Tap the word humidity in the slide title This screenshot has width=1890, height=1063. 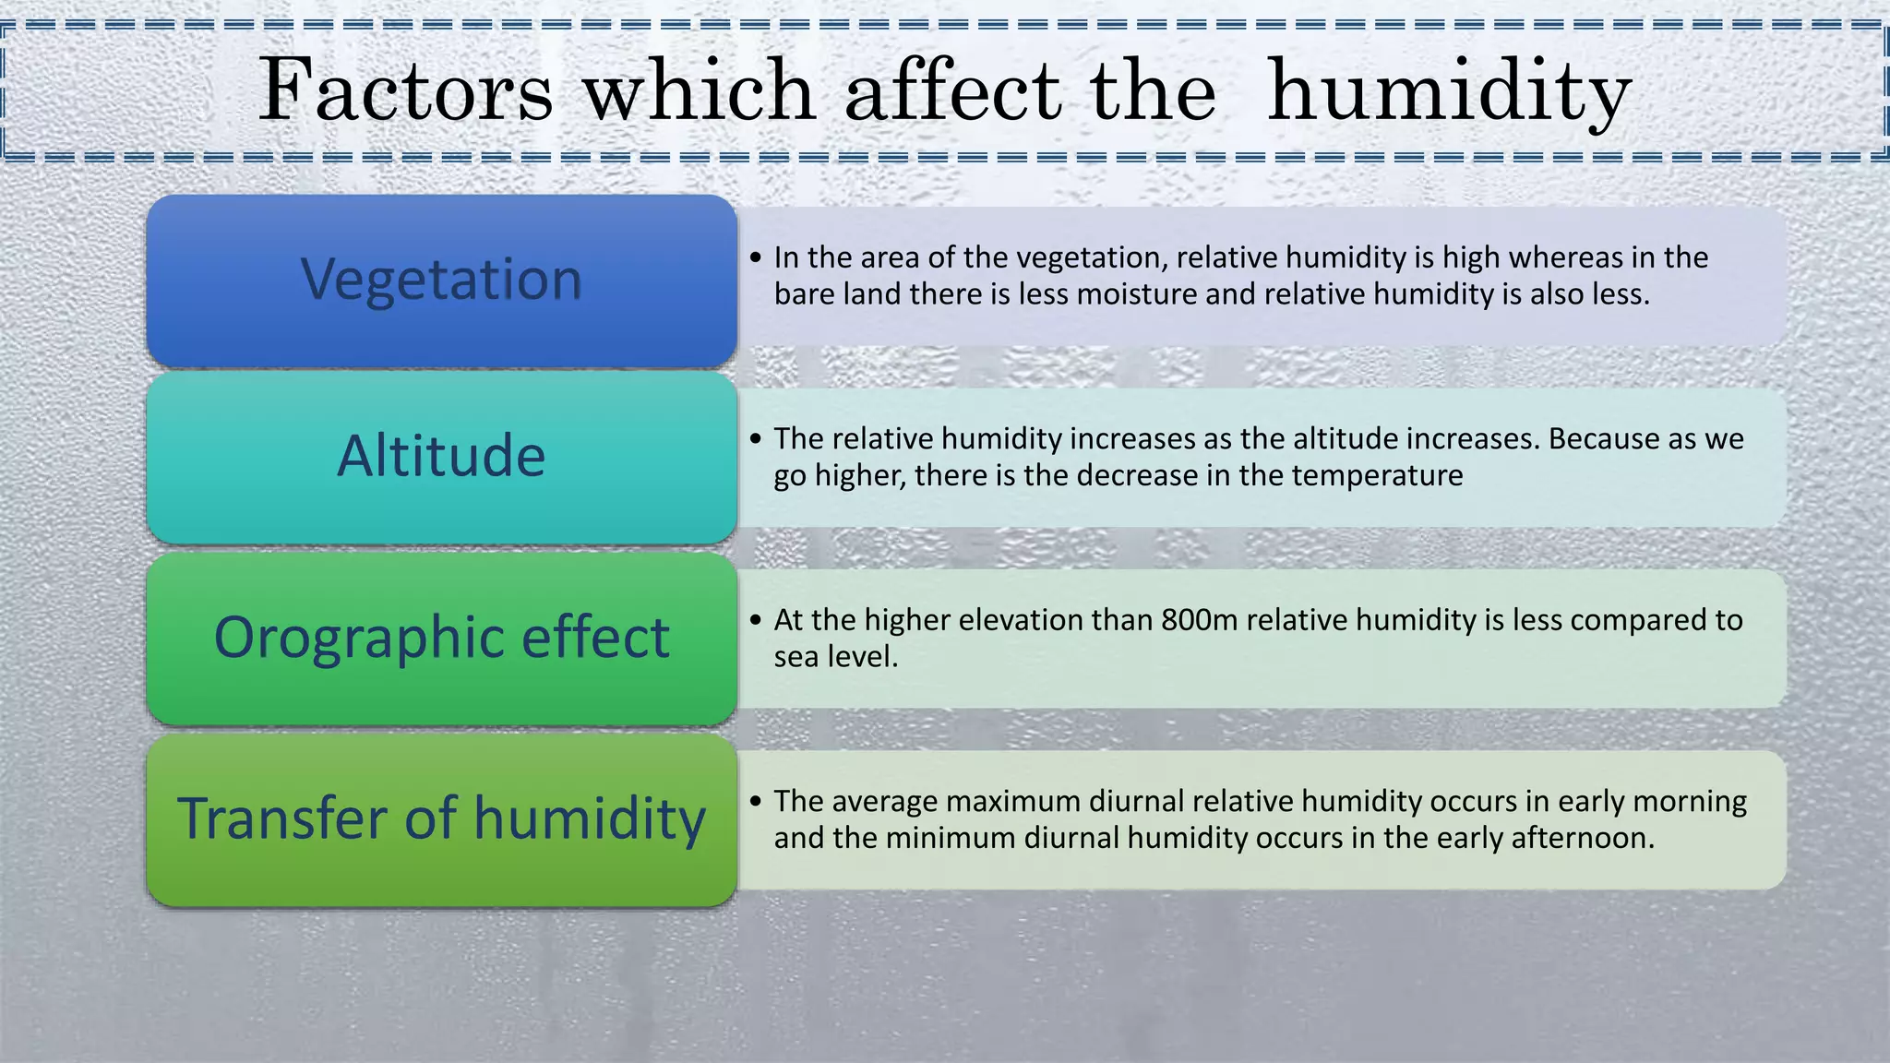click(1449, 92)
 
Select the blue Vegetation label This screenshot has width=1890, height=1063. click(441, 279)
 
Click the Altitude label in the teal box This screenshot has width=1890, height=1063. click(441, 456)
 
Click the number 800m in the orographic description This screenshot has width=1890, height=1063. click(1199, 620)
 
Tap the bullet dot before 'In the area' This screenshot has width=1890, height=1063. click(756, 257)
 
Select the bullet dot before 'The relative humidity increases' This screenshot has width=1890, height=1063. click(756, 438)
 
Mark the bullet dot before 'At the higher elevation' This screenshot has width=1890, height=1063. click(756, 620)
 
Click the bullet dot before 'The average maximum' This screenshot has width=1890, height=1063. click(756, 801)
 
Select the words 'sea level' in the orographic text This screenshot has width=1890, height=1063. click(835, 657)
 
